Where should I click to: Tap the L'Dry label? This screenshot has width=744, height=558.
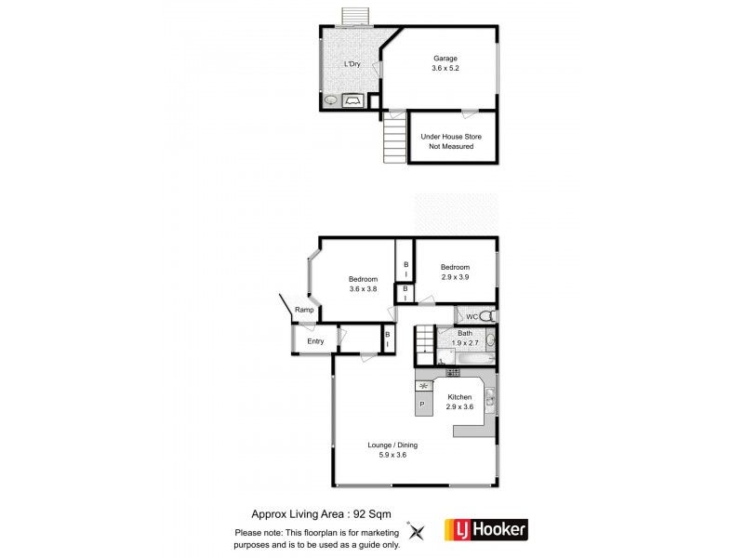click(352, 63)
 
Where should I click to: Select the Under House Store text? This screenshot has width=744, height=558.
click(450, 137)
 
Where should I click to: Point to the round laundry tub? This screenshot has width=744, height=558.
click(331, 100)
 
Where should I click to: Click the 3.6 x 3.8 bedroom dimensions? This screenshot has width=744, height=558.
click(363, 288)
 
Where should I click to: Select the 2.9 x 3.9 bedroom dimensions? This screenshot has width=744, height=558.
click(456, 276)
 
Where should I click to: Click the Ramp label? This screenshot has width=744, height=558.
click(303, 310)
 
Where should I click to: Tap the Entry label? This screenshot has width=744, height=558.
click(315, 341)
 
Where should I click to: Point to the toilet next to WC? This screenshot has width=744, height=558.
click(490, 316)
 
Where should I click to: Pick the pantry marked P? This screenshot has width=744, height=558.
click(422, 404)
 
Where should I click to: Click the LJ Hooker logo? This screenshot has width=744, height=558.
click(486, 530)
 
